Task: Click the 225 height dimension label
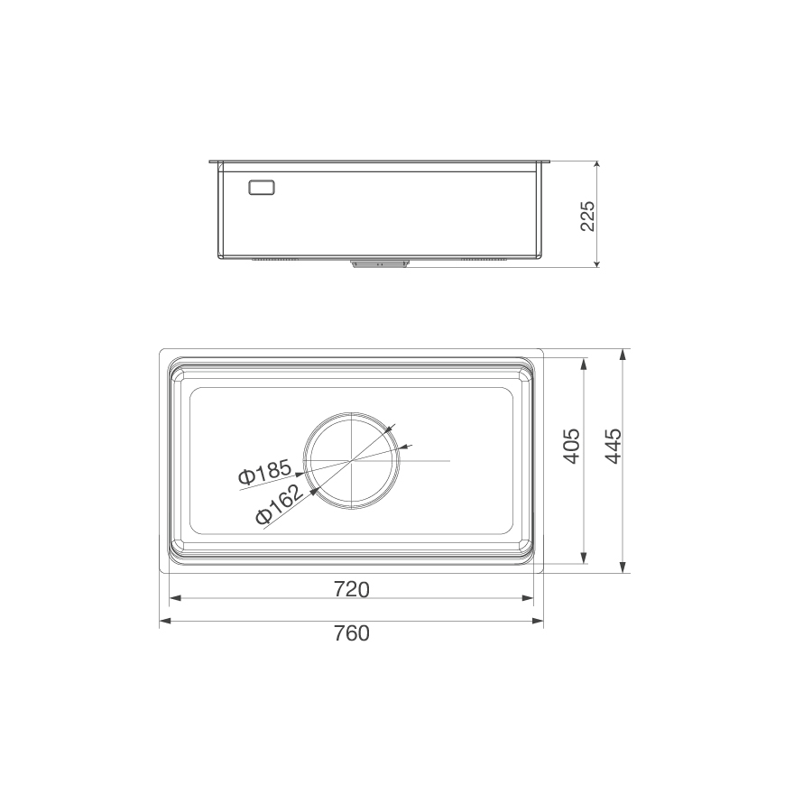tap(587, 216)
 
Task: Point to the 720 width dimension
tap(351, 589)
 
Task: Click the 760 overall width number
tap(351, 633)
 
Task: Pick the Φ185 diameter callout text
tap(264, 474)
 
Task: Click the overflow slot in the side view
tap(262, 187)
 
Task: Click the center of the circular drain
tap(351, 461)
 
